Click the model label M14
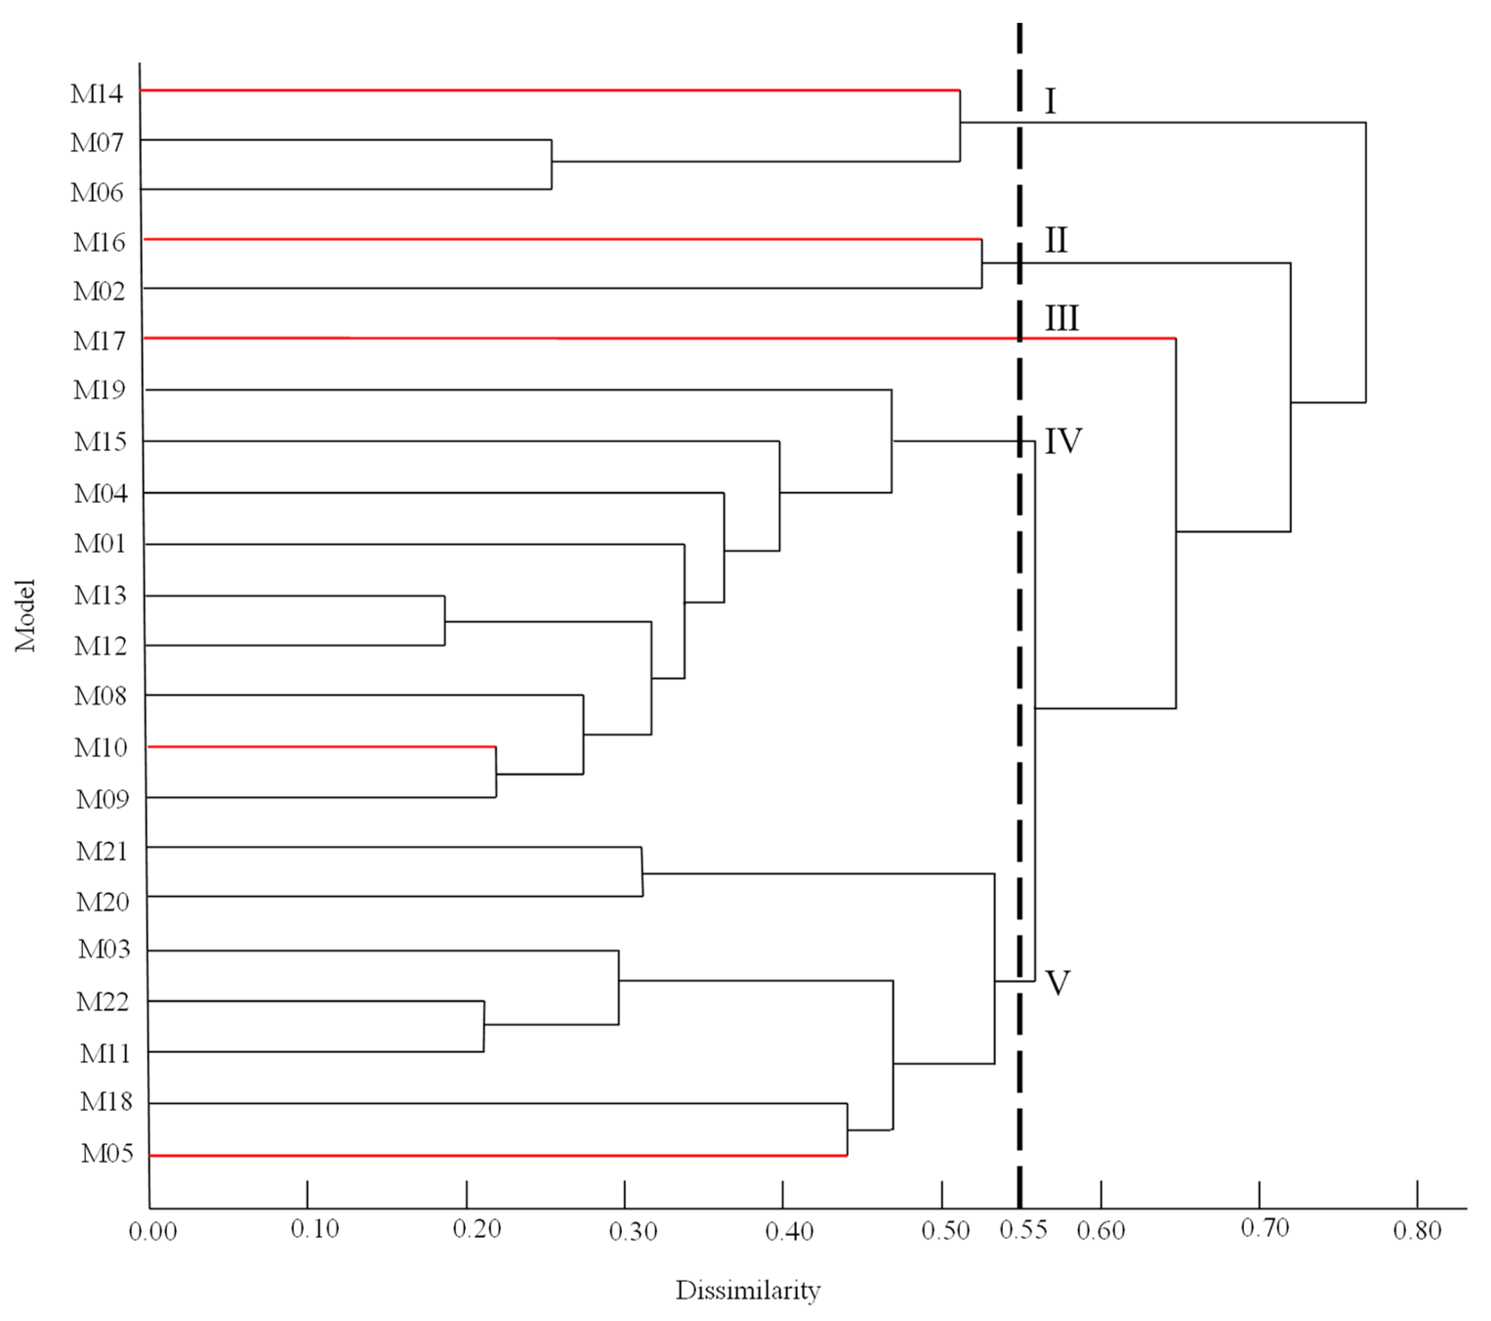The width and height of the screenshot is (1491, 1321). (x=96, y=93)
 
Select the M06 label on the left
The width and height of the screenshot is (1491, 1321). (x=96, y=193)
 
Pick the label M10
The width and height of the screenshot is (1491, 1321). (x=101, y=748)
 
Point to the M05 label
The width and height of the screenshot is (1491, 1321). (x=106, y=1154)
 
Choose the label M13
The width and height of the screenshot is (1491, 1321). (x=101, y=595)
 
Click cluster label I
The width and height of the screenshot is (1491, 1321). (x=1051, y=101)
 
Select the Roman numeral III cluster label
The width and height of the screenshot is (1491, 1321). (x=1061, y=319)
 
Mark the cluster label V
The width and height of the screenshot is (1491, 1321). (x=1058, y=983)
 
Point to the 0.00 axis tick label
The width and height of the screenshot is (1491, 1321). (x=153, y=1232)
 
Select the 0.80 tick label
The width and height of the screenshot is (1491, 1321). (x=1417, y=1231)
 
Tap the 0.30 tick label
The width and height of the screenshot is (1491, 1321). (x=632, y=1232)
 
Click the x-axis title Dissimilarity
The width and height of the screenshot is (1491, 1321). (x=748, y=1290)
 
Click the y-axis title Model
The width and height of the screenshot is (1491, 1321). (x=25, y=615)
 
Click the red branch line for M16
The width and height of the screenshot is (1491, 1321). (x=562, y=239)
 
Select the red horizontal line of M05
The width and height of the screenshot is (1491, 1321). (x=496, y=1156)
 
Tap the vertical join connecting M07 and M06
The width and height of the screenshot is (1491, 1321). (x=551, y=164)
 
